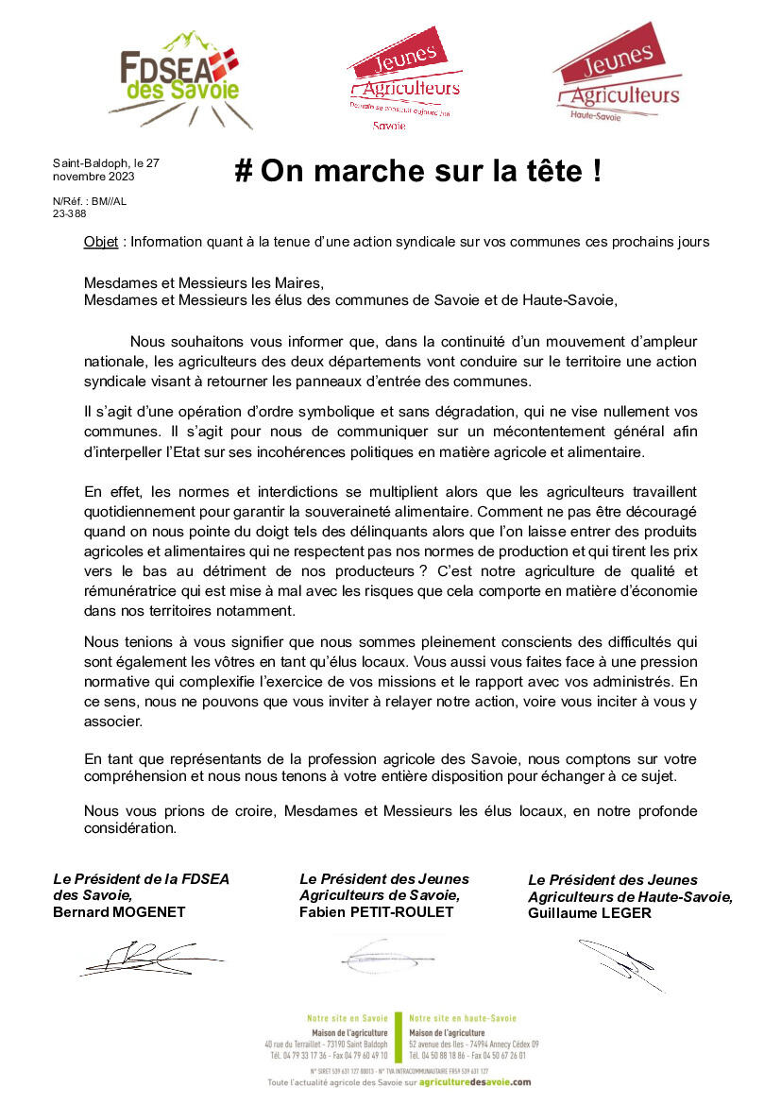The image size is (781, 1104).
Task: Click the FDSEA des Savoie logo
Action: point(178,80)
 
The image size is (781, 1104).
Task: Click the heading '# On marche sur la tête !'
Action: point(417,171)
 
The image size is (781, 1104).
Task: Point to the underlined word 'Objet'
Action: point(100,242)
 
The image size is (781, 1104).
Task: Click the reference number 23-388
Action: point(69,213)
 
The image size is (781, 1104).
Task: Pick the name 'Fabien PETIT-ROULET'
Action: point(376,911)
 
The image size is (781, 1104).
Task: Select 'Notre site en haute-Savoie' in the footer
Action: point(463,1018)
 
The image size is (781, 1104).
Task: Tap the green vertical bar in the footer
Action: point(398,1036)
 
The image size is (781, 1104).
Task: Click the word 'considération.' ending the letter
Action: point(130,828)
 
